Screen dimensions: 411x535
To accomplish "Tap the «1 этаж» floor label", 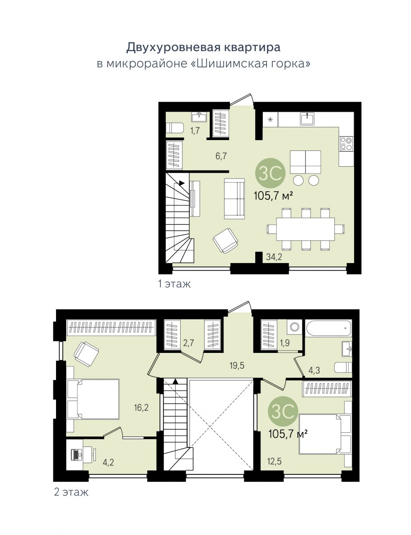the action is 174,283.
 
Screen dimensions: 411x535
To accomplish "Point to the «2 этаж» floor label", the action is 71,492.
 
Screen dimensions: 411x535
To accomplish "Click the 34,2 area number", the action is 274,257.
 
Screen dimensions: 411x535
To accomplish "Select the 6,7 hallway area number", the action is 221,156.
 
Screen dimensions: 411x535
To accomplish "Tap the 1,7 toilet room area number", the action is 195,130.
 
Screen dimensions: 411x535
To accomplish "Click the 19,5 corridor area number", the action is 237,366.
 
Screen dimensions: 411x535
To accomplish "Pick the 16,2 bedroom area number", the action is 141,407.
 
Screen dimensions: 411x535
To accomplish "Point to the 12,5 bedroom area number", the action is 275,461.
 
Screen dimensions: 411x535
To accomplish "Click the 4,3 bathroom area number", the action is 314,370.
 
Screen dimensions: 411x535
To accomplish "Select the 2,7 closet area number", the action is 188,342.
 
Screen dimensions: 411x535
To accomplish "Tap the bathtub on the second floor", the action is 328,328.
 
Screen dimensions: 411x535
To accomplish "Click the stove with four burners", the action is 346,144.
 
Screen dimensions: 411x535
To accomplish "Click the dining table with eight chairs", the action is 306,229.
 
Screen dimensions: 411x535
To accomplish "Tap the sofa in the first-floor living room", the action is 234,198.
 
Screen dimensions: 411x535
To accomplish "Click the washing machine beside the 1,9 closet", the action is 294,327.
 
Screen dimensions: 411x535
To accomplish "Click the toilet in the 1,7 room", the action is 175,128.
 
